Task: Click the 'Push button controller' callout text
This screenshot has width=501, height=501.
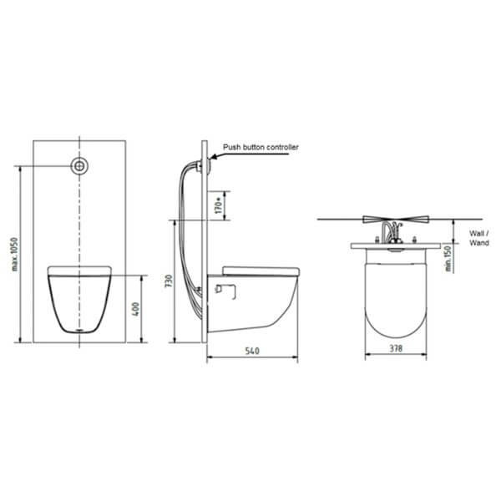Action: (260, 147)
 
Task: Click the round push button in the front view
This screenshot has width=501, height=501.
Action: (80, 165)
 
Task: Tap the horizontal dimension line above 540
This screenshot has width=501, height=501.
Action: (252, 360)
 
